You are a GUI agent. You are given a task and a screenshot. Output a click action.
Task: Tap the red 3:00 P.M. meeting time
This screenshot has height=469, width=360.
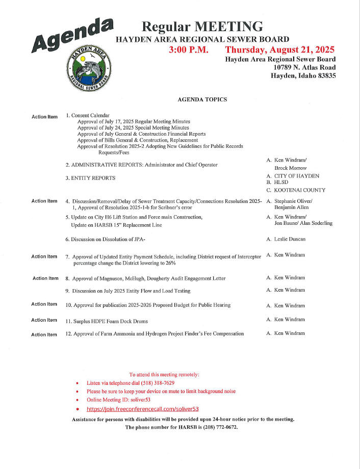(188, 50)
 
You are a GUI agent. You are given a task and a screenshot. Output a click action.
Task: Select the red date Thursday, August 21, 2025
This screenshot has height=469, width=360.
(280, 50)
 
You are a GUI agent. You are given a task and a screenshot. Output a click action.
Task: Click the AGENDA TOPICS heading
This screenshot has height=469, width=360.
(202, 99)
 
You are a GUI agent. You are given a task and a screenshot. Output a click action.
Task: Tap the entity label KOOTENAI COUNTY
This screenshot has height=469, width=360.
(300, 190)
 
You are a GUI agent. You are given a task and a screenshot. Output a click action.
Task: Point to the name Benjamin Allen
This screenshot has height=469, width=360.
(294, 208)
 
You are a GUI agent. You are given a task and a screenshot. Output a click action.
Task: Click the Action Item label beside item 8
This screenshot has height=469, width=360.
(45, 278)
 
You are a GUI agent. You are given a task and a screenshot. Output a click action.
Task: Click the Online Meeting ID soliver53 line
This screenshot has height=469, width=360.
(118, 400)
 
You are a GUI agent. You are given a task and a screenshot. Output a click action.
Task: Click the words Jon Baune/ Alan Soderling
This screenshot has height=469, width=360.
(303, 223)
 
